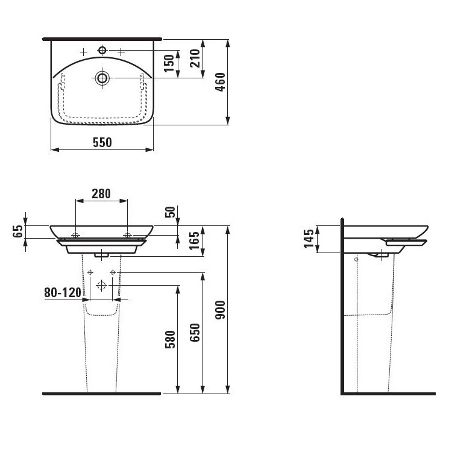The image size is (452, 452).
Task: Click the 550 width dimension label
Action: point(102,142)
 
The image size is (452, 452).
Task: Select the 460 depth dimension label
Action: point(220,82)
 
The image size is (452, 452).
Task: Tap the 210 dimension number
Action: point(195,58)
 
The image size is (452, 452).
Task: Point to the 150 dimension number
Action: point(169,63)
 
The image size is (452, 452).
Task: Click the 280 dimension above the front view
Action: point(101,193)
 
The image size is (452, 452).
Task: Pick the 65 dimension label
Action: point(17,231)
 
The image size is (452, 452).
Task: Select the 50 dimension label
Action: point(170,212)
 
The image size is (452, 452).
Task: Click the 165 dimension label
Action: point(195,240)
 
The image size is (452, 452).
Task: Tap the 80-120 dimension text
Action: point(63,292)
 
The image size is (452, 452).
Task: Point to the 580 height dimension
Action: point(170,339)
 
